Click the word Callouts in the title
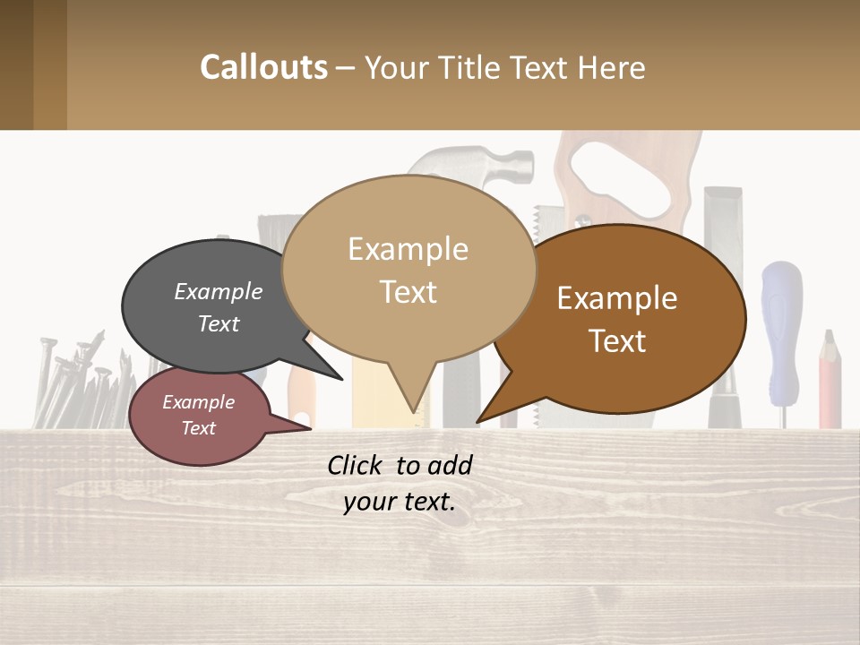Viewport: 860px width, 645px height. (263, 67)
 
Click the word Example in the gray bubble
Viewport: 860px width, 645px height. (219, 291)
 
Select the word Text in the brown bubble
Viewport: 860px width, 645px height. (618, 340)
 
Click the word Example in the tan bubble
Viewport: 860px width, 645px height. (408, 248)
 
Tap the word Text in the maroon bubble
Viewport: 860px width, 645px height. (199, 428)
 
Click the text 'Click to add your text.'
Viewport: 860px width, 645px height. (400, 484)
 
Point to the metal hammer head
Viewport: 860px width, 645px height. (475, 166)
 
